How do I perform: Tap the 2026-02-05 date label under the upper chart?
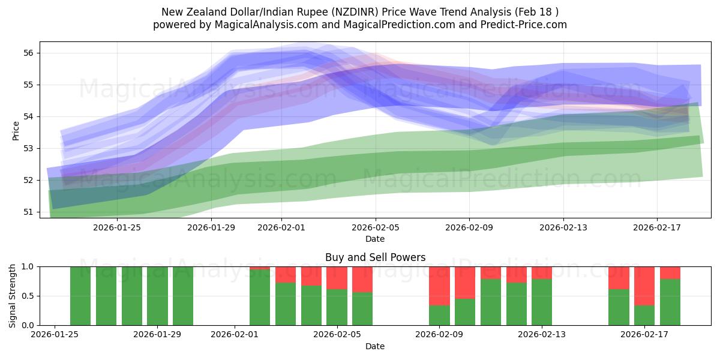tap(376, 227)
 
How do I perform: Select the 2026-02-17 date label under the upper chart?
tap(657, 227)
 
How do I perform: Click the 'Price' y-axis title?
tap(16, 130)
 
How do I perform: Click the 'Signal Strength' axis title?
tap(13, 296)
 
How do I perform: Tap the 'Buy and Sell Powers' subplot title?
tap(375, 257)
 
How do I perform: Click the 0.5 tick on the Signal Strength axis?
tap(27, 296)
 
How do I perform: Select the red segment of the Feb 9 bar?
tap(439, 286)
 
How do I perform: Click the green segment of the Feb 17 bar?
tap(644, 315)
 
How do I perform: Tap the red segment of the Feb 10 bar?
tap(465, 282)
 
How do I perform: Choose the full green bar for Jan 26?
tap(80, 296)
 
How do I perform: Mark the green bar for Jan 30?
tap(183, 296)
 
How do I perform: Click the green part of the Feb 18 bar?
tap(670, 302)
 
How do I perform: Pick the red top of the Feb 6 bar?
tap(362, 279)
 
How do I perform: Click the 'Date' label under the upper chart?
tap(375, 239)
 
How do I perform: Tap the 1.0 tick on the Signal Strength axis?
tap(27, 266)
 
